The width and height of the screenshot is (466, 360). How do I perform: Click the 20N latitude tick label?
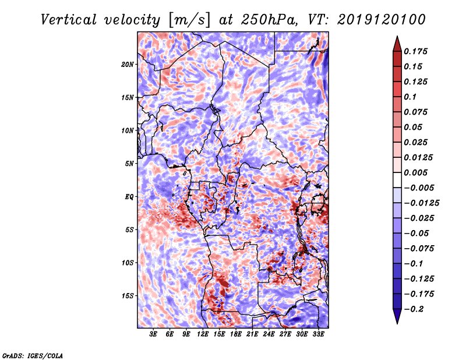click(128, 65)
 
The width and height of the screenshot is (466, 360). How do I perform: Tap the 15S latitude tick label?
click(128, 296)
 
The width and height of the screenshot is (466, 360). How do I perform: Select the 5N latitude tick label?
click(129, 164)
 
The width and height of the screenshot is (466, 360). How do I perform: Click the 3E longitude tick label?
click(153, 334)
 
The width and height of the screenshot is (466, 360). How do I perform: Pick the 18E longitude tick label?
click(236, 334)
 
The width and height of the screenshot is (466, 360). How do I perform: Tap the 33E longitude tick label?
click(318, 334)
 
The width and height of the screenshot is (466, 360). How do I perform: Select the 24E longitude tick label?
click(269, 334)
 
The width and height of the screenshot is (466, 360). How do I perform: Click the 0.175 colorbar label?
click(415, 51)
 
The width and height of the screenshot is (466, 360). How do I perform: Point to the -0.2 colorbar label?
click(414, 309)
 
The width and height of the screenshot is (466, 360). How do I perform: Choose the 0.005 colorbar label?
click(415, 172)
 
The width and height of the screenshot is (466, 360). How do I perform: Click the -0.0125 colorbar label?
click(421, 203)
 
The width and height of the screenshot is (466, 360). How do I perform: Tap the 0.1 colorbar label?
click(410, 97)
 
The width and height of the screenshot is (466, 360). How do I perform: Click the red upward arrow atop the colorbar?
click(397, 44)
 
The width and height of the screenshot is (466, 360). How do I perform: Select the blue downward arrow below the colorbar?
click(397, 316)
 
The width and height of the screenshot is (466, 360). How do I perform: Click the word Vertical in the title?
click(69, 20)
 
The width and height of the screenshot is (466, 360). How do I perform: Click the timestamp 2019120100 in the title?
click(382, 20)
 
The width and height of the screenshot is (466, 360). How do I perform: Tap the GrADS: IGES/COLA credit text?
click(33, 355)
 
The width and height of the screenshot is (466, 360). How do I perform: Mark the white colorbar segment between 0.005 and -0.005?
click(397, 180)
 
